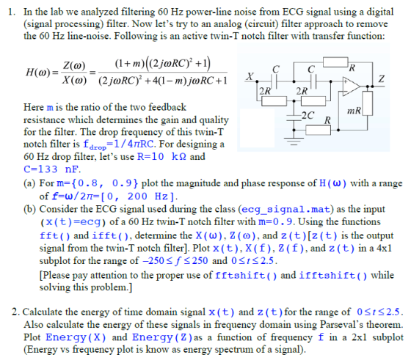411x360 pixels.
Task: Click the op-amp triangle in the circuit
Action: (351, 86)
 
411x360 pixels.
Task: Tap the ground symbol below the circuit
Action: (294, 141)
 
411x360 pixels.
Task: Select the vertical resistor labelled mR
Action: (368, 103)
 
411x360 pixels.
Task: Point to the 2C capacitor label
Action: (308, 115)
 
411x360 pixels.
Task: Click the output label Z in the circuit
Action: (381, 78)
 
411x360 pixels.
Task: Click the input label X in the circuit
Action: (250, 76)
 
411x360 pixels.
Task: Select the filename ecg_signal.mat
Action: (285, 209)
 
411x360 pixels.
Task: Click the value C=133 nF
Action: (51, 169)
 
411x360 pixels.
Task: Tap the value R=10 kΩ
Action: (161, 157)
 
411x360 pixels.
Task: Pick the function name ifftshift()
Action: (333, 276)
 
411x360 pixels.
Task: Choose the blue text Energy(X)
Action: (76, 337)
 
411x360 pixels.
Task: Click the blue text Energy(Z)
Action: (162, 337)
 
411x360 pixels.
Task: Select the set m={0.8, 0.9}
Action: (97, 183)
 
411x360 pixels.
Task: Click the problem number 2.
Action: (15, 312)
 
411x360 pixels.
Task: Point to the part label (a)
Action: (30, 183)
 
